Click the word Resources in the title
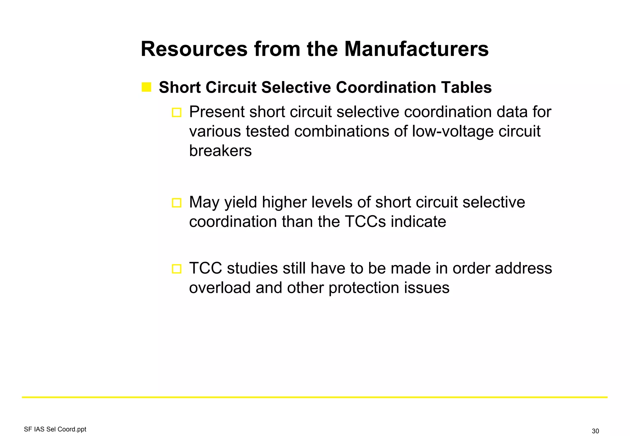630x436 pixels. (x=194, y=49)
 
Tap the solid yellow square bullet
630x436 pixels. (x=146, y=87)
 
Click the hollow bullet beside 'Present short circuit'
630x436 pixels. (x=177, y=112)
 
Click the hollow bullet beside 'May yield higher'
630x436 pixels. (x=177, y=203)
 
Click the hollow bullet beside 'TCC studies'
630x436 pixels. (x=177, y=269)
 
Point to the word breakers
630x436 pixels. (x=220, y=151)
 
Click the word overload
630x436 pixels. (x=220, y=288)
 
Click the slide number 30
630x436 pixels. (x=595, y=431)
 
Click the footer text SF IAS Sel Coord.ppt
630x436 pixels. (x=55, y=429)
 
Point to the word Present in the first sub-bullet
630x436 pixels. (x=217, y=112)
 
